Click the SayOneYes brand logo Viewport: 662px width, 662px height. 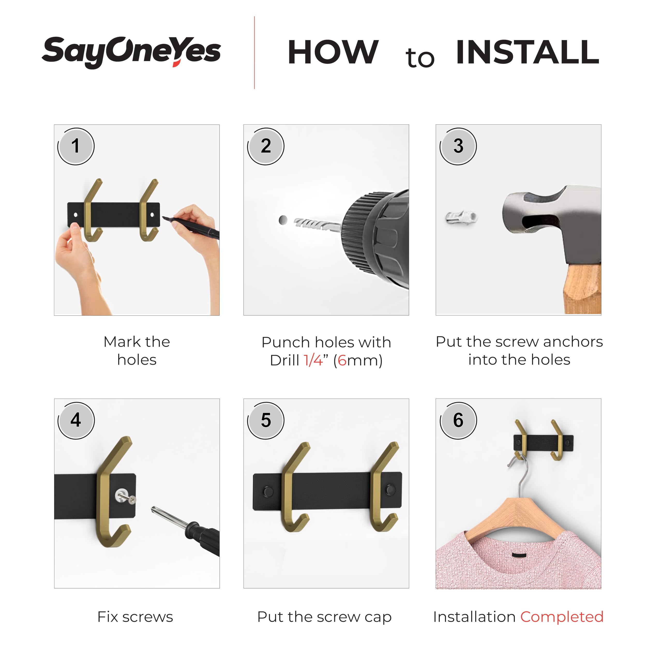[131, 52]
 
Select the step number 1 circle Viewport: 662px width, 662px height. [76, 146]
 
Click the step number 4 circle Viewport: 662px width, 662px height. [76, 420]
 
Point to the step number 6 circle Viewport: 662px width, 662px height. [458, 420]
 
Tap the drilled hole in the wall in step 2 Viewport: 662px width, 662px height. [283, 220]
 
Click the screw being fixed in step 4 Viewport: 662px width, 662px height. [125, 496]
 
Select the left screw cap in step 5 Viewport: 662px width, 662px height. [268, 492]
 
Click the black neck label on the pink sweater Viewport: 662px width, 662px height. [520, 555]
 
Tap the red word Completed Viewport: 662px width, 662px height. [562, 617]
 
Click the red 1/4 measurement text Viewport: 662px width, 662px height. [313, 360]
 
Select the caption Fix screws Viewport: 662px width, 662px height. [135, 617]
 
